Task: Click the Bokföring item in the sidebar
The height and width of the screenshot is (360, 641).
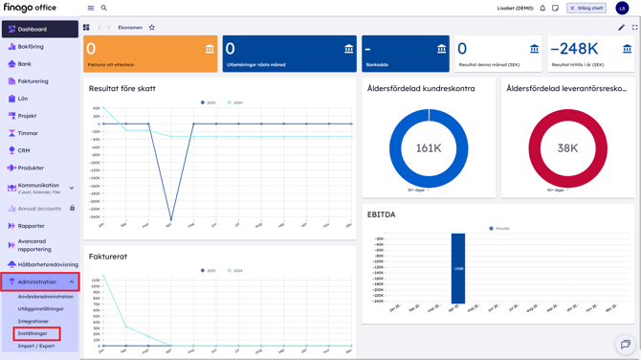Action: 31,47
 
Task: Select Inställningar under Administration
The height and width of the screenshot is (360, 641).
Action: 33,333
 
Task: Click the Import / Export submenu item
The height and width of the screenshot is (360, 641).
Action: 36,346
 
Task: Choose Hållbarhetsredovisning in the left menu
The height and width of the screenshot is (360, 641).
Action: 48,264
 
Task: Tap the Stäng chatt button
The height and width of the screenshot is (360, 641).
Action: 586,9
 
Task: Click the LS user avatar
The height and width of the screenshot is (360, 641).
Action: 622,9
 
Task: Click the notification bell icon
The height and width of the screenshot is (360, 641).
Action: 542,9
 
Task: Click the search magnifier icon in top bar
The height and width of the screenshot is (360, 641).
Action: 104,9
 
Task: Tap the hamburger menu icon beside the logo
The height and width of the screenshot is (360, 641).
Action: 91,9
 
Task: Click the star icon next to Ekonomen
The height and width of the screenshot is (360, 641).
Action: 151,28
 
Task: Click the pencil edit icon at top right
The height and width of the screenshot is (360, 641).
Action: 621,28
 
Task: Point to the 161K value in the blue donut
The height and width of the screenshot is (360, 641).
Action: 429,148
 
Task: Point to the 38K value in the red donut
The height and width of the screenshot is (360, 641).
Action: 567,148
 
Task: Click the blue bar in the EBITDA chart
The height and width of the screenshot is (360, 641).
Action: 458,268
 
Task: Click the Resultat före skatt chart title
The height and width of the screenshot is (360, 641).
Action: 122,88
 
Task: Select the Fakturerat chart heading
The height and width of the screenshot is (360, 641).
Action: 108,257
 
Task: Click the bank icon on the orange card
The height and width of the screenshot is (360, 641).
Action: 210,49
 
